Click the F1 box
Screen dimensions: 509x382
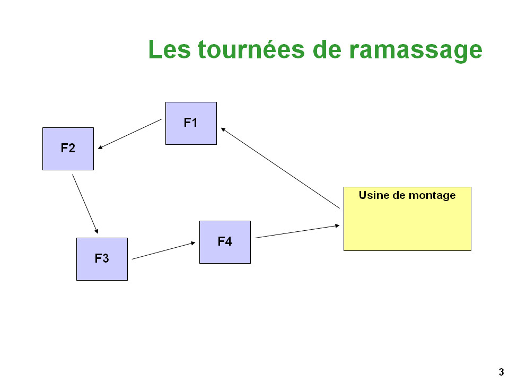[191, 124]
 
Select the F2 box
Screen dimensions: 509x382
[68, 149]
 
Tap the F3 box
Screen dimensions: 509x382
[102, 259]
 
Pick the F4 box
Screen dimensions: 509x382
[225, 242]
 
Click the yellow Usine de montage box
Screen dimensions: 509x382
[407, 219]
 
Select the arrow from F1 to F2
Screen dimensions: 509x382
[130, 134]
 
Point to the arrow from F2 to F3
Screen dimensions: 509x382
[85, 204]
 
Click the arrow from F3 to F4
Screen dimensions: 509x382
[164, 251]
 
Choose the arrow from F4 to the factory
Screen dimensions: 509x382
[297, 232]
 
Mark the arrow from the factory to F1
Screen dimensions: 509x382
[280, 168]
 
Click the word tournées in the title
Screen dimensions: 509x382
[251, 50]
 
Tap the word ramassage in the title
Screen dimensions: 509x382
[416, 51]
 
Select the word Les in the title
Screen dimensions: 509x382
[169, 50]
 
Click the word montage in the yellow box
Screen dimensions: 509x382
[432, 196]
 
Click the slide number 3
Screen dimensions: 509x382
[501, 371]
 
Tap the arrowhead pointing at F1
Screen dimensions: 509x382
[223, 129]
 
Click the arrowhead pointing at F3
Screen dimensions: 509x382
[96, 231]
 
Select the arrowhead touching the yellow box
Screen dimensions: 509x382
[337, 225]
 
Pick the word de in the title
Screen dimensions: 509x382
[327, 50]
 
